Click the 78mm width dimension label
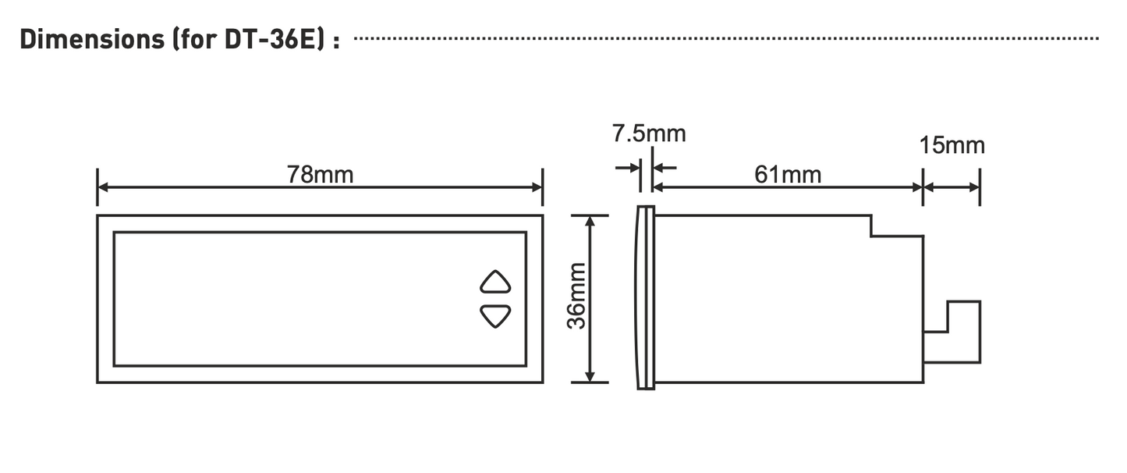click(x=320, y=175)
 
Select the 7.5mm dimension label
click(x=648, y=133)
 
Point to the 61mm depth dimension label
click(x=788, y=175)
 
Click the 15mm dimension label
click(x=952, y=145)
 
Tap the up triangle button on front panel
click(x=495, y=281)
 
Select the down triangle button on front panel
click(x=495, y=316)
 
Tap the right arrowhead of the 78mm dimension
click(x=537, y=187)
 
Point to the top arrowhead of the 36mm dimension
click(x=590, y=222)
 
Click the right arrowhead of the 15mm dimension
click(x=975, y=187)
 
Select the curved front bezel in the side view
click(x=645, y=297)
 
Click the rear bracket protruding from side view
click(x=962, y=332)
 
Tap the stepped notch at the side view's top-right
click(x=897, y=226)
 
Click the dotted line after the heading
click(x=725, y=38)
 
